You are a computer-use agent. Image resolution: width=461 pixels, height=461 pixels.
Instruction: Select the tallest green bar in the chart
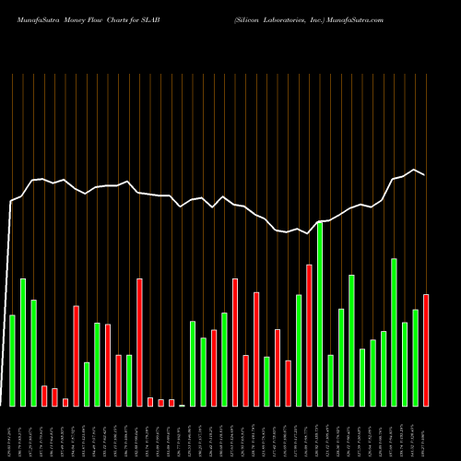coord(320,313)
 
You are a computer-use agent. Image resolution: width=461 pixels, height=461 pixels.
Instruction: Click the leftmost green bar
coord(12,361)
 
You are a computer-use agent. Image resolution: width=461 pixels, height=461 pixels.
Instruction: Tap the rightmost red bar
coord(426,350)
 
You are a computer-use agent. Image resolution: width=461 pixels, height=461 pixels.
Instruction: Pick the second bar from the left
coord(23,342)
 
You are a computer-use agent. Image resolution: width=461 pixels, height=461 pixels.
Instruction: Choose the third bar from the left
coord(33,353)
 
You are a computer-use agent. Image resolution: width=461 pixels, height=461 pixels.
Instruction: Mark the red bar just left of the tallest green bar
coord(309,336)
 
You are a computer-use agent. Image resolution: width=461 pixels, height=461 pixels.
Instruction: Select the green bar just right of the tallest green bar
coord(330,381)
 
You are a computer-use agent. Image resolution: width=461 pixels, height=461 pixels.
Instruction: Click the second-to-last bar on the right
coord(415,358)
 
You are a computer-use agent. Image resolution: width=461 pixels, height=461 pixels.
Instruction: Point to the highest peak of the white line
coord(415,171)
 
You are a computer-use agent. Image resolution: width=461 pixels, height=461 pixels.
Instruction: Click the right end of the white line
coord(425,175)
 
